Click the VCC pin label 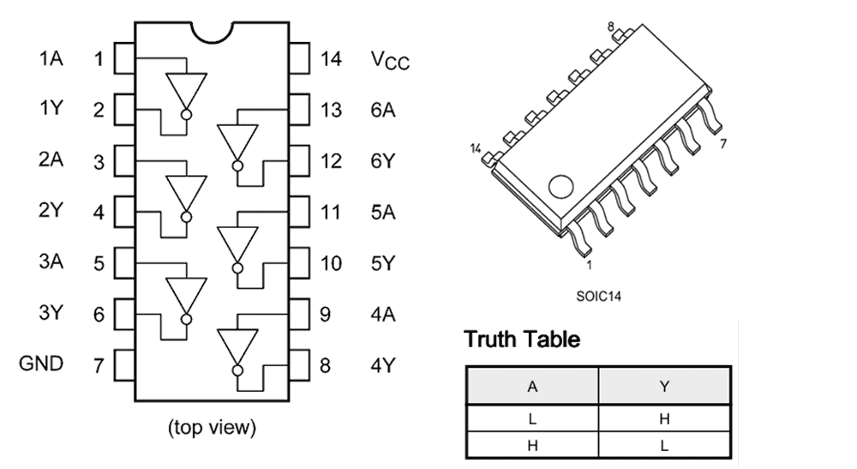point(390,60)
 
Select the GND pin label point(41,364)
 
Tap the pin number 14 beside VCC point(331,59)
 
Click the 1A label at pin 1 point(51,59)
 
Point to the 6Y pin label point(383,161)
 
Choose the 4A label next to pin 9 point(383,314)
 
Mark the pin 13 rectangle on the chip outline point(299,110)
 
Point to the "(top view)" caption point(212,426)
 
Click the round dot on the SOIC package point(561,186)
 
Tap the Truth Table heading point(522,340)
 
